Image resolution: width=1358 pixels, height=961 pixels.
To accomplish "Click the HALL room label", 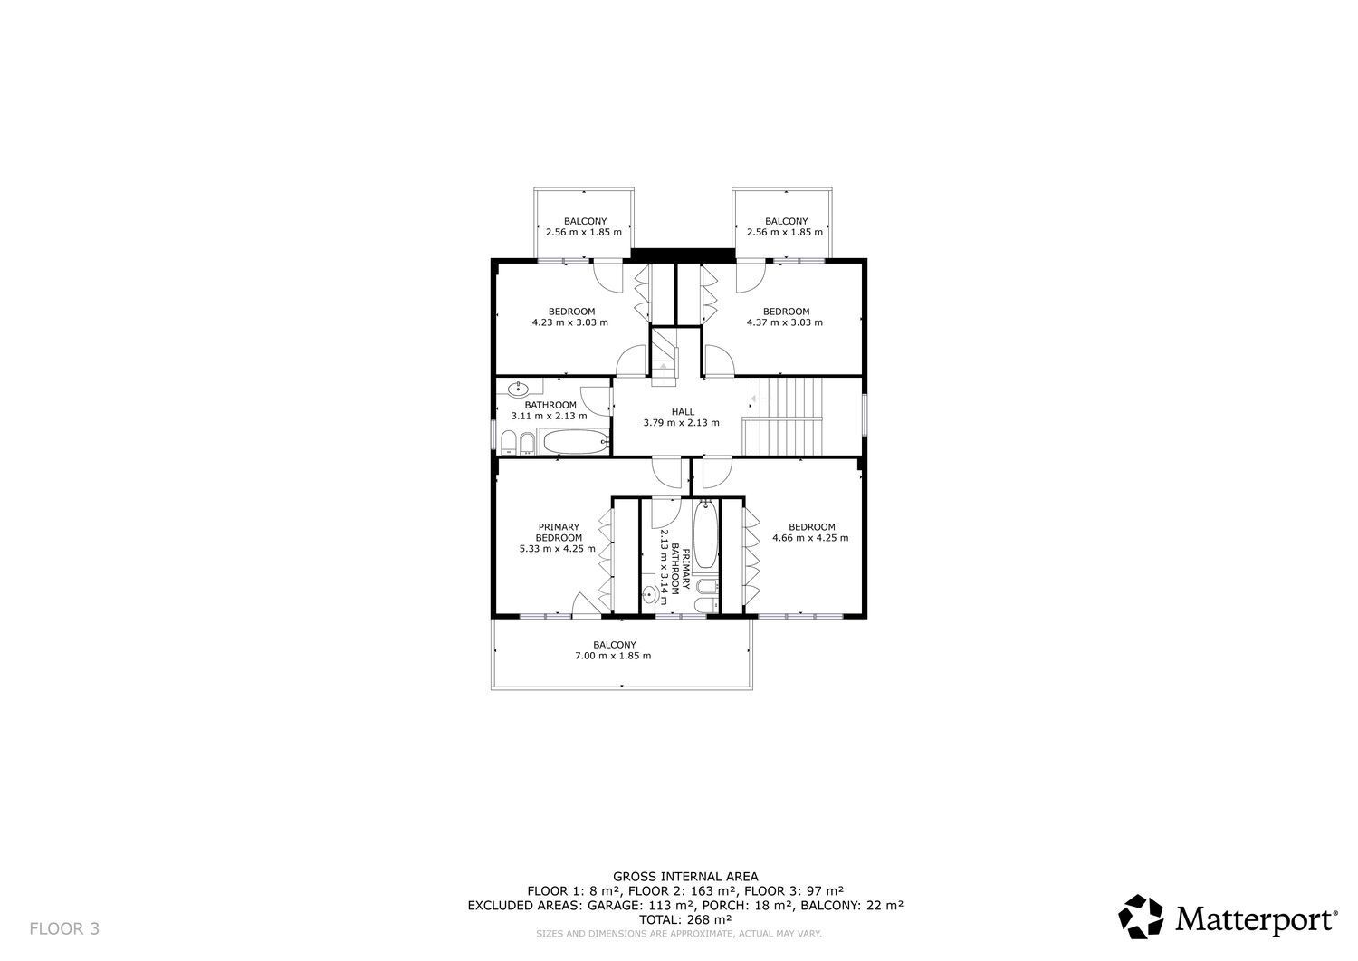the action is [683, 411].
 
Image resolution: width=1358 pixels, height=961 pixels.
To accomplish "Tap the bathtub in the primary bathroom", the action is [705, 533].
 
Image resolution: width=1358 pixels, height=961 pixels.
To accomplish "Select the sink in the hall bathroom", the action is [519, 389].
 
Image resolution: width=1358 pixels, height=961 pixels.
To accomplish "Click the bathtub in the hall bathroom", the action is [576, 441].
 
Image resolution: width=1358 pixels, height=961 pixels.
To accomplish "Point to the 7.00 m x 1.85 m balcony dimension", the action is [613, 655].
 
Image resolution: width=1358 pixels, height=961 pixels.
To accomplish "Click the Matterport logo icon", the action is [1141, 916].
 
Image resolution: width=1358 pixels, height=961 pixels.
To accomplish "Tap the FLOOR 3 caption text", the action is [64, 928].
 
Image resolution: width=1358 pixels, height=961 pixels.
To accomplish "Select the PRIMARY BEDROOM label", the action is [559, 532].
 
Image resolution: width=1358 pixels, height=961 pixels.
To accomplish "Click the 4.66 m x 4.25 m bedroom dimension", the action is [810, 537].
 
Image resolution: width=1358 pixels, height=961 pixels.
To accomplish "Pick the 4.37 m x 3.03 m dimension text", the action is [785, 322].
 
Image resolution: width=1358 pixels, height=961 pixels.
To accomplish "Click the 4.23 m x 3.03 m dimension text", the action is [569, 322].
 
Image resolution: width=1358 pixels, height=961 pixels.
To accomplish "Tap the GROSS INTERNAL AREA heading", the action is [685, 876].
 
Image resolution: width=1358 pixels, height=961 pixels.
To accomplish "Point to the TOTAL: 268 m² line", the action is [685, 919].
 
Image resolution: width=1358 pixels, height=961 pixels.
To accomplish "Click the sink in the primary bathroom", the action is [650, 593].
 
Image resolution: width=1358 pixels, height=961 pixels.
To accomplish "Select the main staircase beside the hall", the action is [782, 416].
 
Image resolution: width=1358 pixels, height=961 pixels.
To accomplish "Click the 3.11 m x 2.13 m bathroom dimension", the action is [550, 416].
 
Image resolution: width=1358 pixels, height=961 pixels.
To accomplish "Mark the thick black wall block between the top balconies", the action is [683, 255].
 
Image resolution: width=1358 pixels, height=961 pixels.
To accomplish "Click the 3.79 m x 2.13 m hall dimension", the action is [682, 422].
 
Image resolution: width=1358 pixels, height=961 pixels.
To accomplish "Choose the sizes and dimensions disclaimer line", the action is [679, 934].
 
